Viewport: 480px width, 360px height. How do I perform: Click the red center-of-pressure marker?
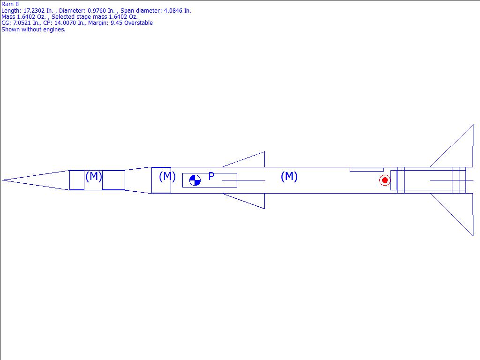[x=385, y=180]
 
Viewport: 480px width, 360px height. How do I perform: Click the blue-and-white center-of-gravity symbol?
[x=195, y=180]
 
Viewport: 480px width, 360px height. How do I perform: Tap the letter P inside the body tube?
[x=211, y=176]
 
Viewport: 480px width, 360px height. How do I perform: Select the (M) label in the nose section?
[x=93, y=176]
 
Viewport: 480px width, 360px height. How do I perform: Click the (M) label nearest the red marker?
[x=289, y=176]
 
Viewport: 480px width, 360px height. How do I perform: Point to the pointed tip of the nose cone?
[x=2, y=180]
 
